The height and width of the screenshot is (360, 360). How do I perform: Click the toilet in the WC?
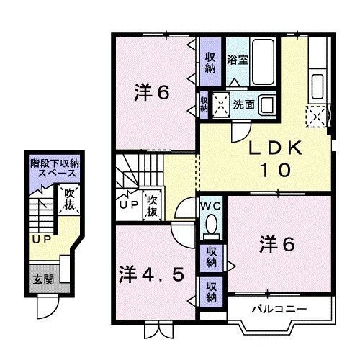click(x=211, y=228)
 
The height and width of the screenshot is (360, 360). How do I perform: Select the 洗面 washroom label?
click(x=243, y=105)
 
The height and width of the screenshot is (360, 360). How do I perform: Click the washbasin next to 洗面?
click(x=267, y=105)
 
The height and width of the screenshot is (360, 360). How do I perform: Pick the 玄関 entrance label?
click(x=40, y=279)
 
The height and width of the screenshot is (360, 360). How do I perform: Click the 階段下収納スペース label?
click(x=54, y=169)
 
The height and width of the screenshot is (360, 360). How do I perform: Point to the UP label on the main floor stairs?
click(x=128, y=204)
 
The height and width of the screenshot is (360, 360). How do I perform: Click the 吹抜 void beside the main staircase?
click(x=152, y=207)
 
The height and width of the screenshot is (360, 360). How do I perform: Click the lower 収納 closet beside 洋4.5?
click(x=211, y=291)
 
